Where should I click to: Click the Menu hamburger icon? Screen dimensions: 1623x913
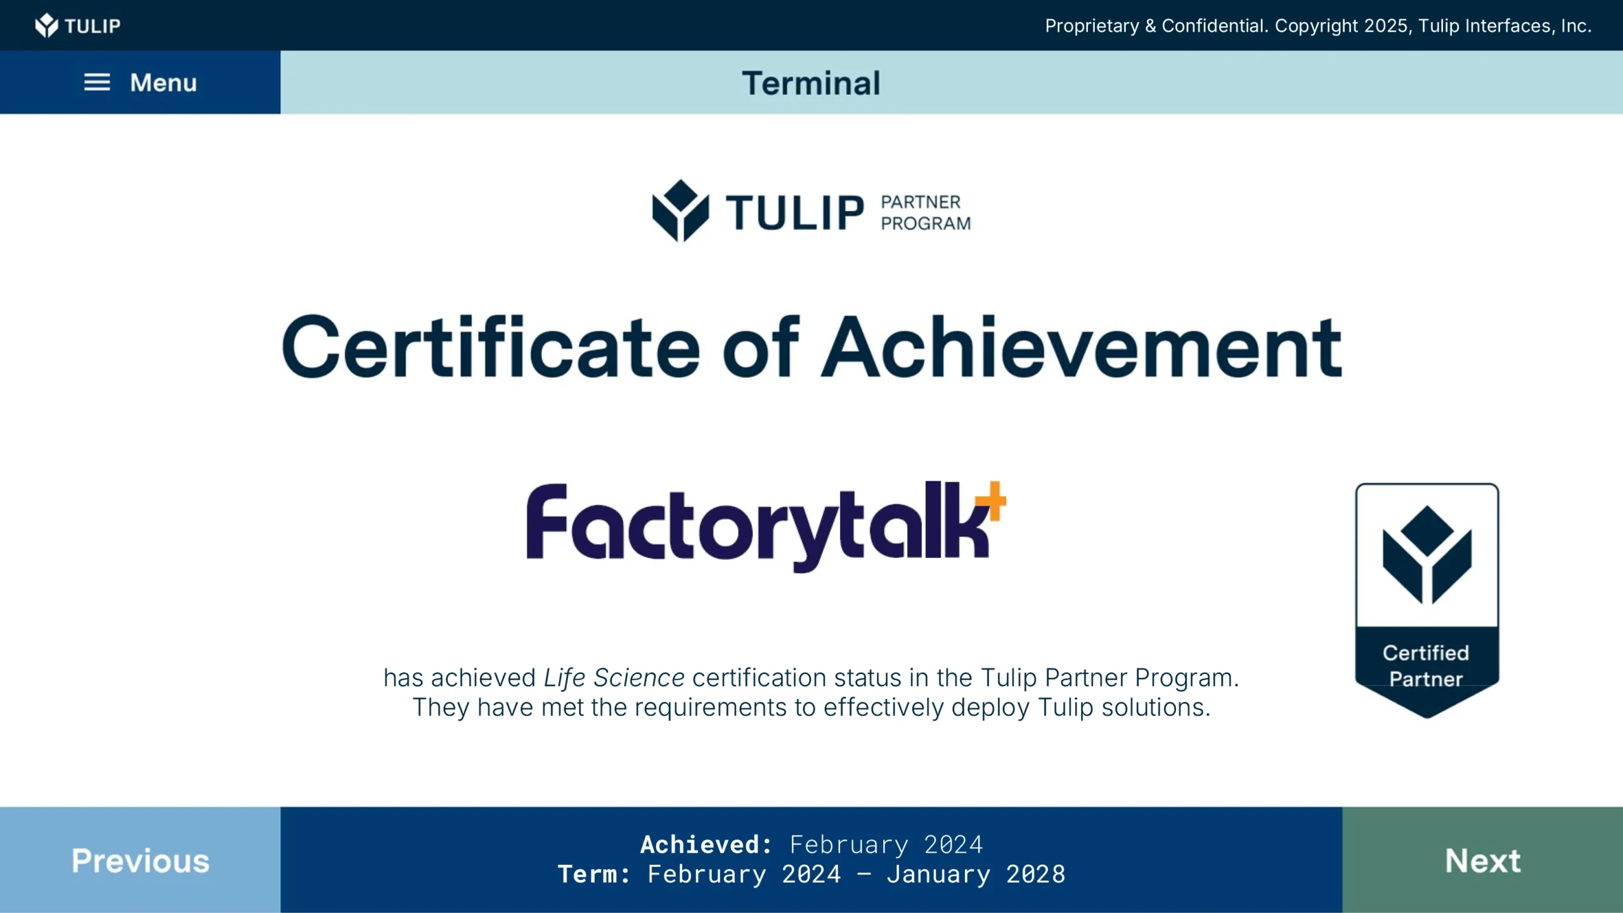[x=97, y=82]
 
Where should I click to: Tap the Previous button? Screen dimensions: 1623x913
[x=140, y=860]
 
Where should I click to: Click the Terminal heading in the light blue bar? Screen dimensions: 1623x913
[x=811, y=83]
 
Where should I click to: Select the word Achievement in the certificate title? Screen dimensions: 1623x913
[x=1082, y=347]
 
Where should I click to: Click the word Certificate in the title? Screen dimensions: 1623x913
[x=491, y=347]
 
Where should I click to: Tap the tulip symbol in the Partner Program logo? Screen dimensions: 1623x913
[x=680, y=210]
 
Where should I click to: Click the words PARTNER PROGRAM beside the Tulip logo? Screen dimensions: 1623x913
[x=926, y=212]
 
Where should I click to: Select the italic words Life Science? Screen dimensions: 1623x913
[x=614, y=678]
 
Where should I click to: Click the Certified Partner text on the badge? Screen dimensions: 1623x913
[x=1426, y=666]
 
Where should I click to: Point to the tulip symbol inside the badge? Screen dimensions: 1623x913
[x=1427, y=555]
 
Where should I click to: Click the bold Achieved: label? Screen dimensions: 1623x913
[x=706, y=845]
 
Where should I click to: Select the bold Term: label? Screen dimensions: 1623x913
[x=594, y=874]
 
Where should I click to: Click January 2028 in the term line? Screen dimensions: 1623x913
[x=976, y=874]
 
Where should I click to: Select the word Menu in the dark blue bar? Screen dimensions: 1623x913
[x=164, y=82]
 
